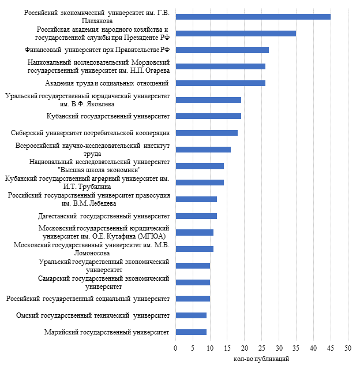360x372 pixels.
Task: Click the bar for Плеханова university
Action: (x=253, y=17)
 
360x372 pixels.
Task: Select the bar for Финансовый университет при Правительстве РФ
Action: (x=222, y=50)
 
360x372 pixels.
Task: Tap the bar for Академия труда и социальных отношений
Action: (x=220, y=83)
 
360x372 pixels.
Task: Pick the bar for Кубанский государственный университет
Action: (x=208, y=116)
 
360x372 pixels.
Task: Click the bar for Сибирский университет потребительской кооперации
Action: (x=207, y=133)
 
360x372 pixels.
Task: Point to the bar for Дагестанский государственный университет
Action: (x=196, y=216)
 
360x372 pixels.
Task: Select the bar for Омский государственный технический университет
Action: (x=191, y=315)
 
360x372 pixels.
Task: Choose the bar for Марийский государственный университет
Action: (x=191, y=332)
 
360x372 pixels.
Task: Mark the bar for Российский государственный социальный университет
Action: (x=193, y=299)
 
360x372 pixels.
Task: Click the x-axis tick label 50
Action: (x=348, y=348)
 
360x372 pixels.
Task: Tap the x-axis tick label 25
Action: (x=262, y=348)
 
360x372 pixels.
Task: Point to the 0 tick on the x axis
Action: (x=175, y=348)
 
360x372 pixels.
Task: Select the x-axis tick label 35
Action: (x=296, y=348)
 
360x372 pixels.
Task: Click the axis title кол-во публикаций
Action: (x=261, y=359)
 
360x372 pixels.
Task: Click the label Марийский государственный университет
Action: (x=107, y=332)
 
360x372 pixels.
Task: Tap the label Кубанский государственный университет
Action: (x=108, y=116)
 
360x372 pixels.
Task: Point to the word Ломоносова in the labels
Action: (x=96, y=253)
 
